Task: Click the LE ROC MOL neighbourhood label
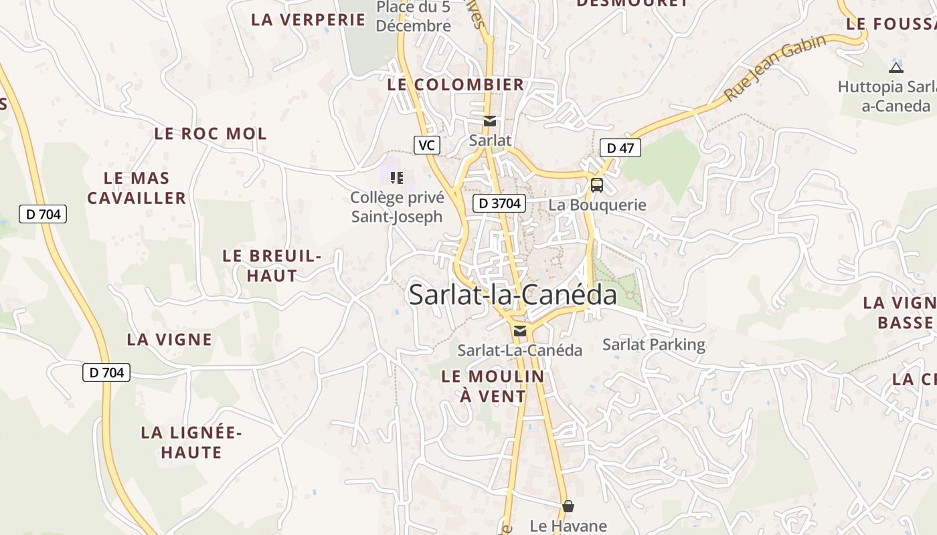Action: click(x=210, y=134)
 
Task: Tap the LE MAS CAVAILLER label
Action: click(x=137, y=188)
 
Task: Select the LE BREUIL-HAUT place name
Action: click(x=272, y=265)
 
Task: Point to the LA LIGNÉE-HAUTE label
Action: click(x=191, y=442)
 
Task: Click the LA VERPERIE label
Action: click(x=309, y=19)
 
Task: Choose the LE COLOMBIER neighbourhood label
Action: click(x=456, y=84)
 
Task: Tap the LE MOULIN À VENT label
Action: click(x=493, y=386)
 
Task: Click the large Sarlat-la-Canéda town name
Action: click(x=513, y=295)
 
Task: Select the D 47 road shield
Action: click(x=620, y=148)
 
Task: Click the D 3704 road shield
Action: click(x=499, y=203)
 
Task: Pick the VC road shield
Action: click(x=426, y=145)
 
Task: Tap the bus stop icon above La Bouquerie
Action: click(x=596, y=185)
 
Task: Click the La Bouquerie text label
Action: click(x=597, y=205)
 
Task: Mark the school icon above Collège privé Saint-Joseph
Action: click(x=397, y=178)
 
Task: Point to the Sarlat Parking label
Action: click(x=654, y=344)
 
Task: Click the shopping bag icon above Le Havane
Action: click(x=568, y=506)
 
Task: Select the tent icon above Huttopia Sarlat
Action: click(x=896, y=68)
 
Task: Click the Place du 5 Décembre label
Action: click(x=414, y=17)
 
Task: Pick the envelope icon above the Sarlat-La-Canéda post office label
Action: click(x=519, y=331)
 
